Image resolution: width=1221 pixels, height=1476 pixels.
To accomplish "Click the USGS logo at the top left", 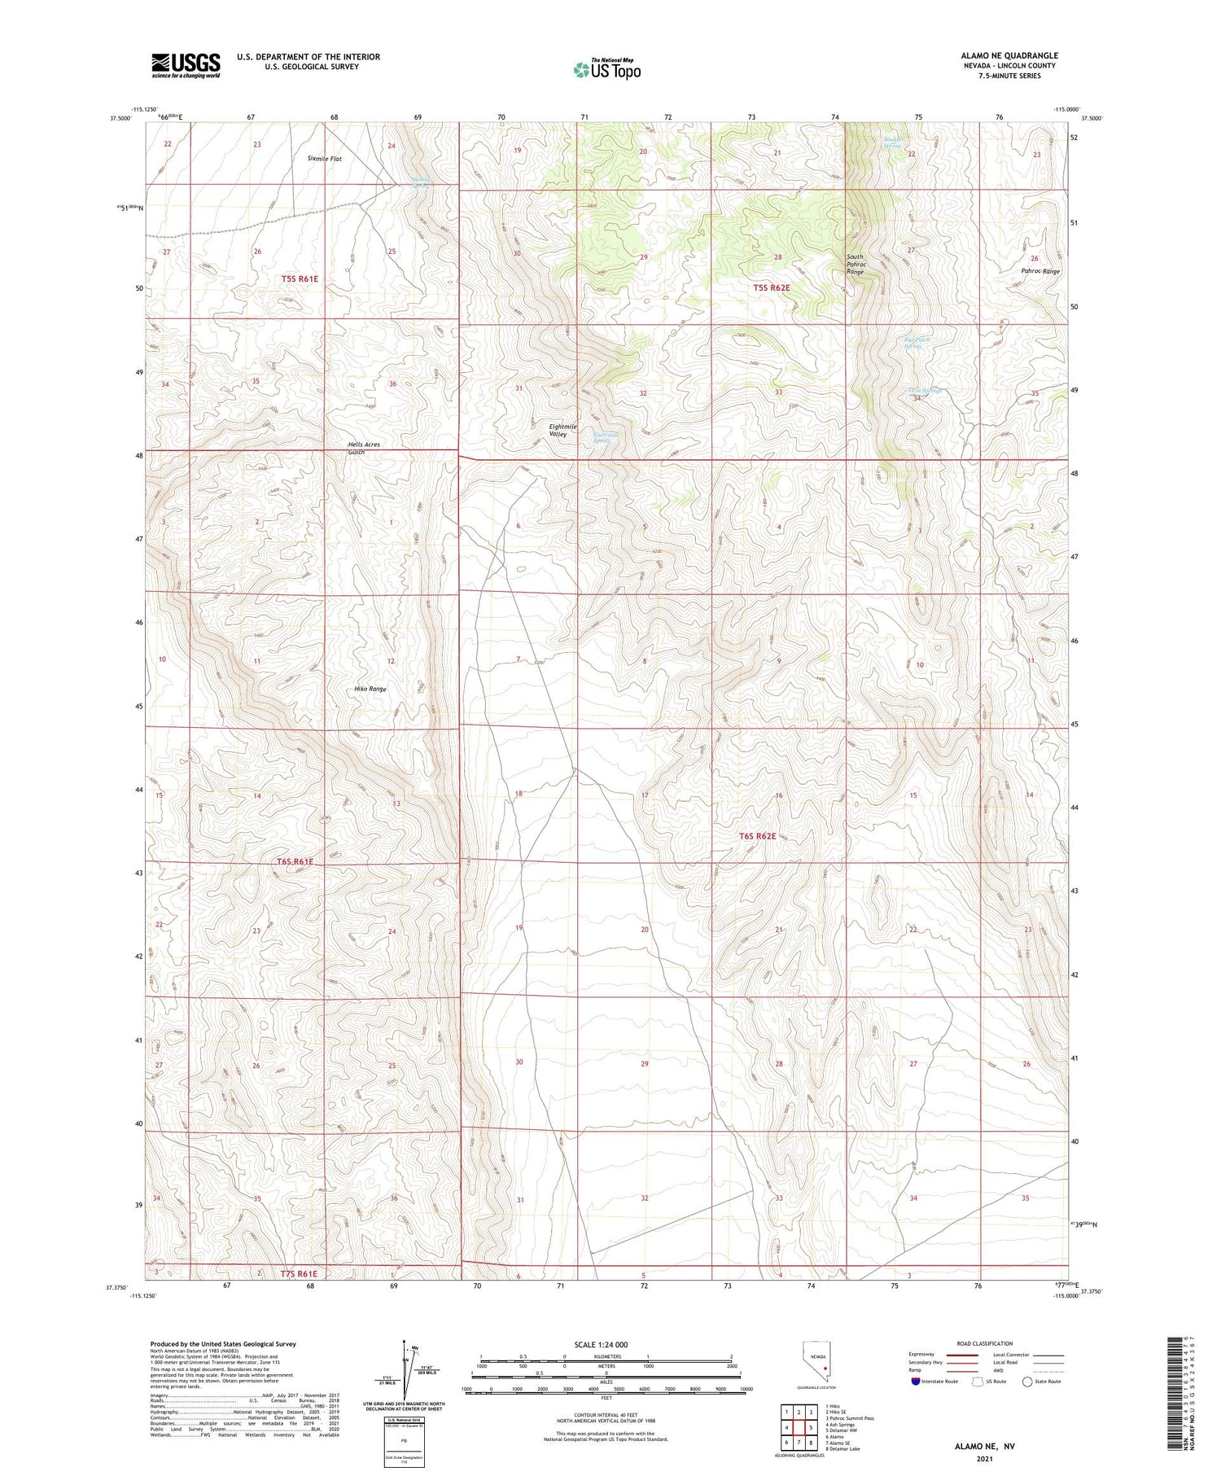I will tap(186, 65).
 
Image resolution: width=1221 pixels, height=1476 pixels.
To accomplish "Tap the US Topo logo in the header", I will tap(606, 70).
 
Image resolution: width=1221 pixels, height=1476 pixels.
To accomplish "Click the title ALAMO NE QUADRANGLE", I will tap(1009, 55).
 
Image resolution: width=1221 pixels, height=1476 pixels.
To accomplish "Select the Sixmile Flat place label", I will tap(325, 159).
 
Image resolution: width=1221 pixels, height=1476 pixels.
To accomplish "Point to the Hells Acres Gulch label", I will tap(363, 448).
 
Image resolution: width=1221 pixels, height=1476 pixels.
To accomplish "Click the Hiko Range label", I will tap(370, 689).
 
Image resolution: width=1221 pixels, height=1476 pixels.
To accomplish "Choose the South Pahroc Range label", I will tap(855, 264).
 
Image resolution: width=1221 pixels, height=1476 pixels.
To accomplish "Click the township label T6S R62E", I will tap(758, 836).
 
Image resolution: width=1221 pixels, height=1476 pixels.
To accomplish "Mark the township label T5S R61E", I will tap(300, 278).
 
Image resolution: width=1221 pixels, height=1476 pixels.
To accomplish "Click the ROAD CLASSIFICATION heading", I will tap(985, 1343).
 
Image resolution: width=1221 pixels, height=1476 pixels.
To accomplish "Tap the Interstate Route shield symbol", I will tap(916, 1382).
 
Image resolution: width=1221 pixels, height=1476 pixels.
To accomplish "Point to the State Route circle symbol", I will tap(1027, 1382).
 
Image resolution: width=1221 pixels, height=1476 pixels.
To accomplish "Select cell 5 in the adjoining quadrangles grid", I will tap(811, 1428).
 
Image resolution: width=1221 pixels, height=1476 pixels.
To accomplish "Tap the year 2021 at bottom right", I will tap(985, 1459).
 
